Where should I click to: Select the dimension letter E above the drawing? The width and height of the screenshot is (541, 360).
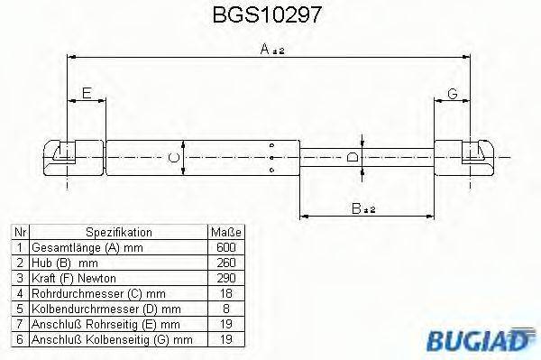point(87,93)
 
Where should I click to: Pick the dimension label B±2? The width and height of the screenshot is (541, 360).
point(363,208)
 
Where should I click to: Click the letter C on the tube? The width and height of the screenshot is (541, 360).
point(175,160)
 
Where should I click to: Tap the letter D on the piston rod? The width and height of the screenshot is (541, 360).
point(353,160)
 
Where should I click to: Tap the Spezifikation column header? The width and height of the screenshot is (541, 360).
point(118,232)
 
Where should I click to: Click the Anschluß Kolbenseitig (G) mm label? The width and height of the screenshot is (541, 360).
point(112,338)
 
